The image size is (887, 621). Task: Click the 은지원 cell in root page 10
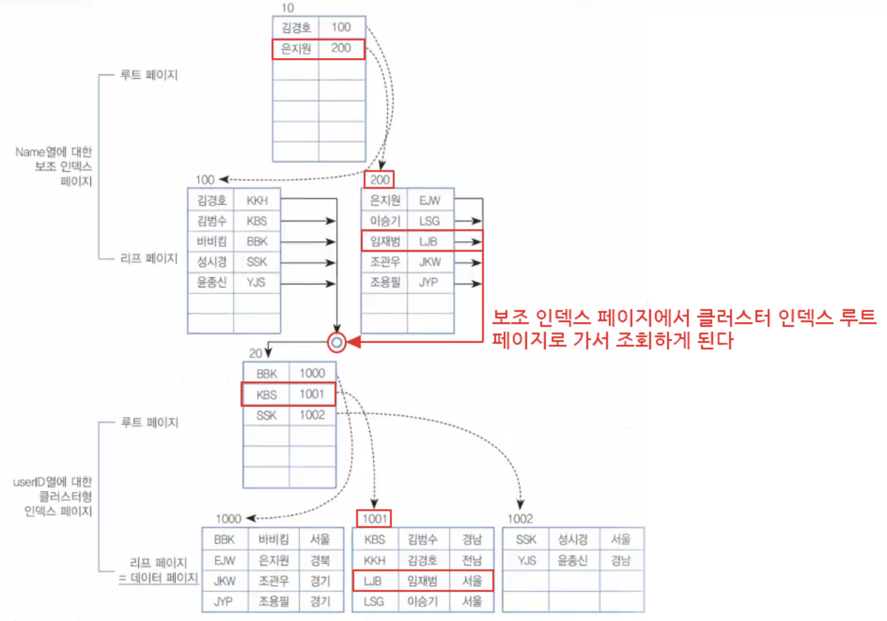296,49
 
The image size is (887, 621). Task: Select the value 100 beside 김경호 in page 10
341,27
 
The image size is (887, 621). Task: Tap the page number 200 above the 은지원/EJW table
379,179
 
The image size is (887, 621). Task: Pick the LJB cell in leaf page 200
428,241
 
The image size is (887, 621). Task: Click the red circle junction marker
336,342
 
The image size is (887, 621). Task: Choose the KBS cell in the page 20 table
266,395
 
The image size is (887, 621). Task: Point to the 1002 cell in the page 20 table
312,415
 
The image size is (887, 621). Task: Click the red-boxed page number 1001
374,519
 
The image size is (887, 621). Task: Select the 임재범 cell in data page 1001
422,581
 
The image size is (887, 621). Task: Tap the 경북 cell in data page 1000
320,560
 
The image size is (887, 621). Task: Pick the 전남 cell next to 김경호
472,560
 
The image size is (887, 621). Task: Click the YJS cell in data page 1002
526,560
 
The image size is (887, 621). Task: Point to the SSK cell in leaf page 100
257,262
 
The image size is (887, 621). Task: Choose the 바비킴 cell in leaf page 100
211,241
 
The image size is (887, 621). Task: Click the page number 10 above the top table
288,8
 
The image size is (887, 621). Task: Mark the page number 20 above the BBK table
255,353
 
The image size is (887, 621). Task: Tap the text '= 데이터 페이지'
158,578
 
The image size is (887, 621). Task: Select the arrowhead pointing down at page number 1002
521,505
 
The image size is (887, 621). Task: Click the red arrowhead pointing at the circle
354,342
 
